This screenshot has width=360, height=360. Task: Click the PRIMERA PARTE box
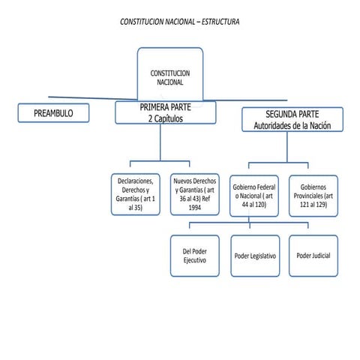pyautogui.click(x=165, y=113)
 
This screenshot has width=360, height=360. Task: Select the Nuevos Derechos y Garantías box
pyautogui.click(x=194, y=194)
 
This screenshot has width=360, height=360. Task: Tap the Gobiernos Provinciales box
pyautogui.click(x=313, y=195)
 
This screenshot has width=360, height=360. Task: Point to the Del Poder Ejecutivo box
pyautogui.click(x=194, y=256)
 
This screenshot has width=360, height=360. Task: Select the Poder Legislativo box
pyautogui.click(x=255, y=256)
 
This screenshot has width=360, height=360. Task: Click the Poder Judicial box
pyautogui.click(x=313, y=256)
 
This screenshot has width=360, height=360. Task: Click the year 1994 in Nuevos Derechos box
pyautogui.click(x=194, y=208)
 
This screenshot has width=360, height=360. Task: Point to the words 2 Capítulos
pyautogui.click(x=166, y=118)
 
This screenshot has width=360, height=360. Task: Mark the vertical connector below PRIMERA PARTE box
pyautogui.click(x=159, y=142)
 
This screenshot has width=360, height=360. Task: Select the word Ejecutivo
pyautogui.click(x=194, y=260)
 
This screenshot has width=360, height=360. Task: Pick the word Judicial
pyautogui.click(x=320, y=256)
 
